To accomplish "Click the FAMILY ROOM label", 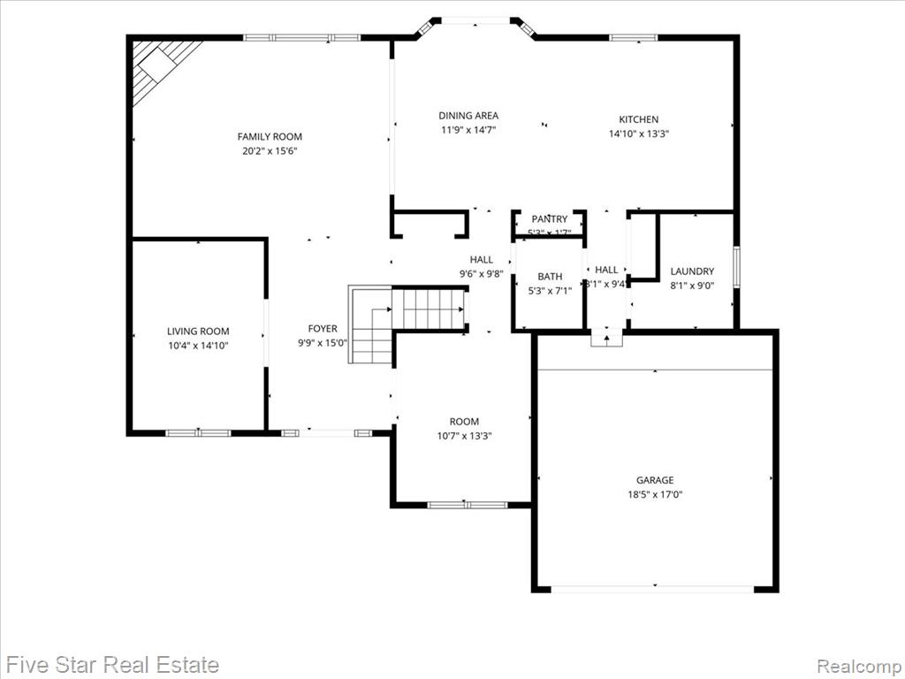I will coord(270,136).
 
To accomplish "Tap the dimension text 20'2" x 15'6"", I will coord(270,151).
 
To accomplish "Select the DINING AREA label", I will coord(468,115).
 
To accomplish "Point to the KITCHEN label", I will coord(638,119).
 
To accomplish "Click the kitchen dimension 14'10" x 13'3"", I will coord(638,134).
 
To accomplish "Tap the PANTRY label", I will coord(549,219).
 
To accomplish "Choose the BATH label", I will coord(550,277).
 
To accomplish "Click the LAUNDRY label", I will coord(692,271).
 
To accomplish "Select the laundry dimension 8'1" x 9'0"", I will coord(692,286).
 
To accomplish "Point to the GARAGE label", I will coord(655,480).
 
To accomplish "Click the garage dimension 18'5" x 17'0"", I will coord(655,495).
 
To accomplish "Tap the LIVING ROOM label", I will coord(198,332).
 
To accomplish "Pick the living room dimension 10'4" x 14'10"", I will coord(198,346).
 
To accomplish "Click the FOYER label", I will coord(323,329).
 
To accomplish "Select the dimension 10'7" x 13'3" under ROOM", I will coord(464,436).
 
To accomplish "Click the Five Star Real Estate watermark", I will coord(112,663).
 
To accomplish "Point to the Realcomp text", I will coord(858,664).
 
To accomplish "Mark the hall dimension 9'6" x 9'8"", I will coord(481,274).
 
